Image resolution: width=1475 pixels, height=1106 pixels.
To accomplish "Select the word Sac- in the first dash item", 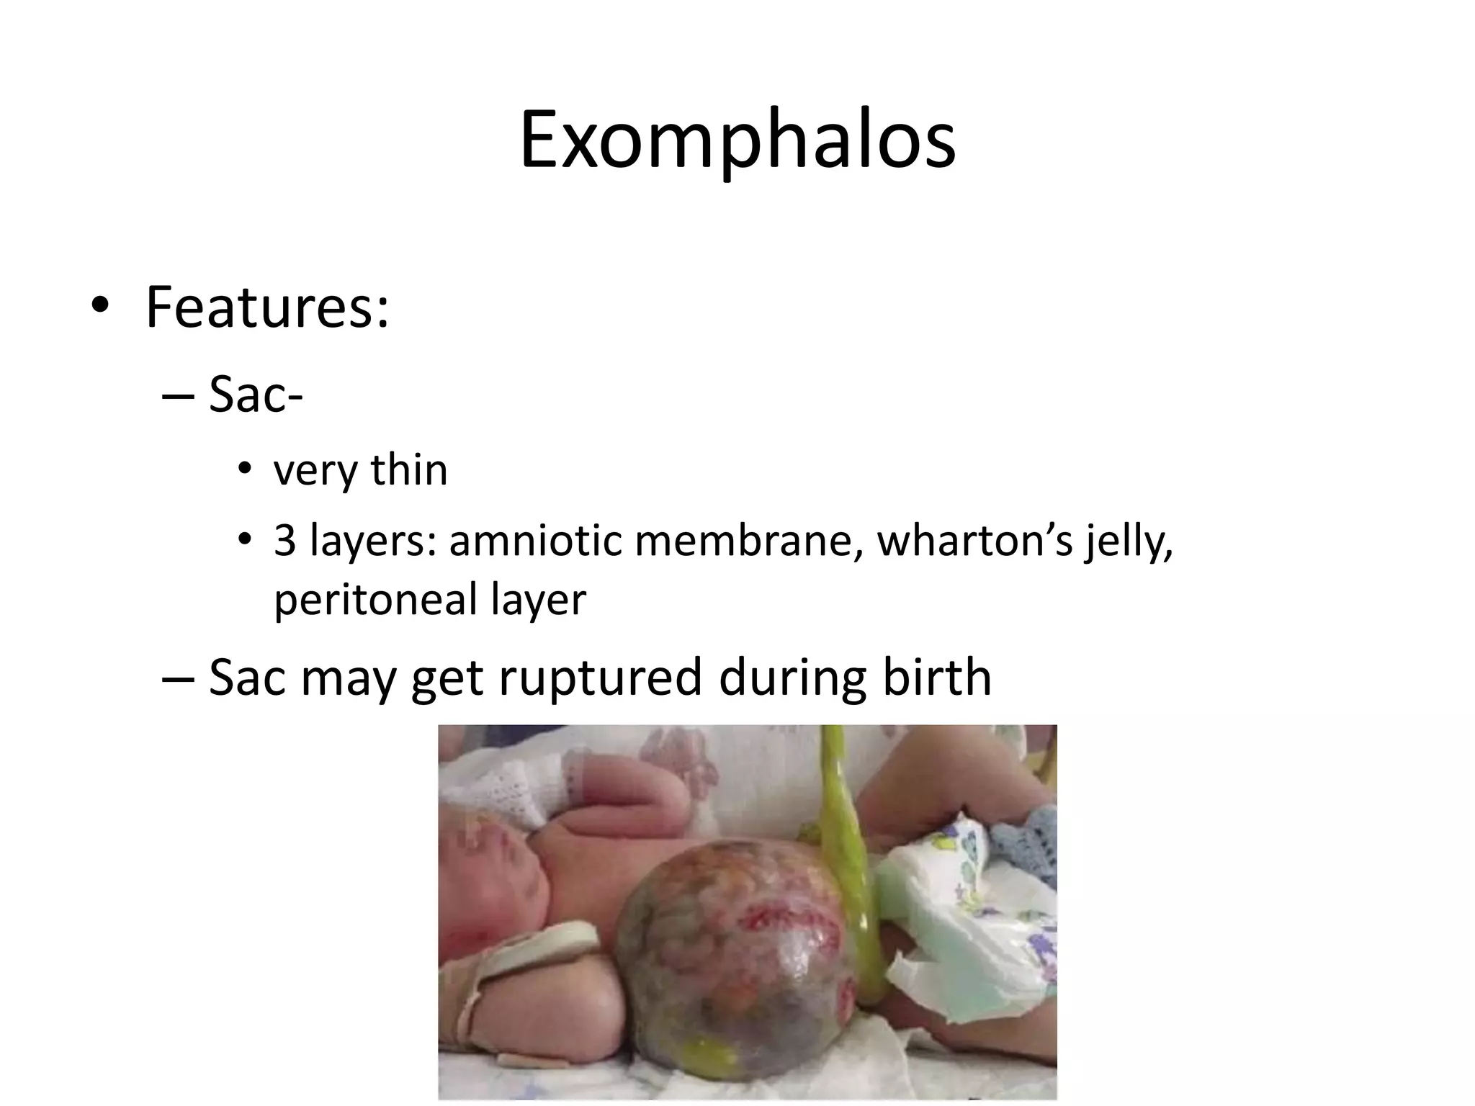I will [256, 395].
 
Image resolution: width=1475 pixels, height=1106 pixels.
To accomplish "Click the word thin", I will [409, 470].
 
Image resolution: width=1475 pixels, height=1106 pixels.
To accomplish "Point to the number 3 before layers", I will [285, 541].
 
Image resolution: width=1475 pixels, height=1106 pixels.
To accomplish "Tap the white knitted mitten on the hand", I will [504, 792].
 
